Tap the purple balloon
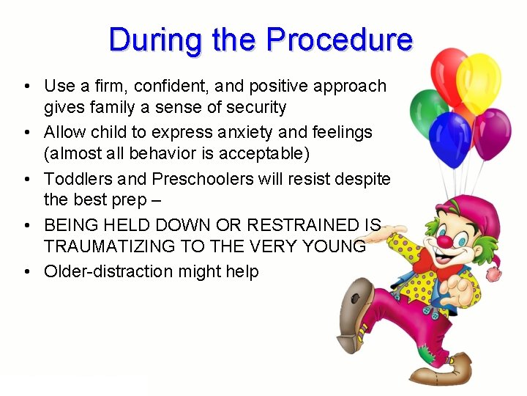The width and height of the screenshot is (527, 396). pyautogui.click(x=492, y=132)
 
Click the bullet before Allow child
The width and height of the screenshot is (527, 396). pyautogui.click(x=26, y=133)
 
